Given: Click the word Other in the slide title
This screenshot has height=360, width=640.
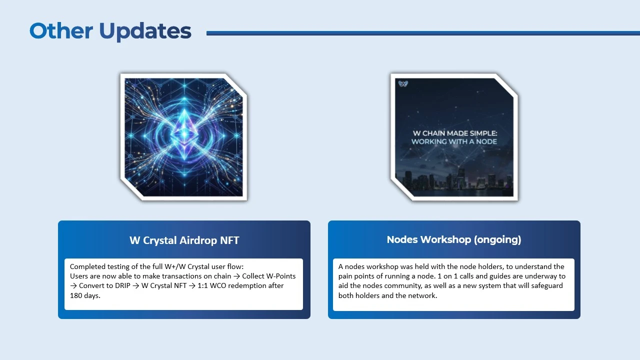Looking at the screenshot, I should pos(61,31).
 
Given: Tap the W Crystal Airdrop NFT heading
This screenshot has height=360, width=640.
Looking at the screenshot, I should pos(184,240).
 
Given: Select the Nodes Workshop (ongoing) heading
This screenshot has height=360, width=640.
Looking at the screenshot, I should pos(454,240).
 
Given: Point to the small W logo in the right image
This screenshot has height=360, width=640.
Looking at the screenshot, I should pos(403,84).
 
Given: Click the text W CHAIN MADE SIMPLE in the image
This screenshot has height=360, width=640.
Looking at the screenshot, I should pos(454,133).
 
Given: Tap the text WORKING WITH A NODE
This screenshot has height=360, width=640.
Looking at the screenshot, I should pos(454,141).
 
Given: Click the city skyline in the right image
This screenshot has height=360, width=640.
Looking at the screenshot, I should pos(454,182).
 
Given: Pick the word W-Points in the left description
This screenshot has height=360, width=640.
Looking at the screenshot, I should pos(281,276).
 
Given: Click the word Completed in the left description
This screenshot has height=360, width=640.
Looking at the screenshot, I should pos(87,266).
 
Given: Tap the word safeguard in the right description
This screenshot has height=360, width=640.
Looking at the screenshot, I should pos(545,285).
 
